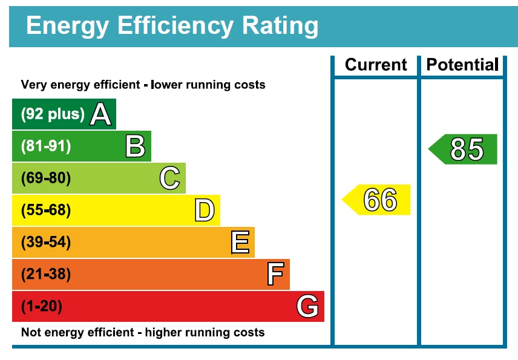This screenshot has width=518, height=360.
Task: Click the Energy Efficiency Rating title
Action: coord(172,27)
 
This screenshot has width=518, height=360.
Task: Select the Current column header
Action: coord(376,65)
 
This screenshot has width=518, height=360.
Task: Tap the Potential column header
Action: coord(462,65)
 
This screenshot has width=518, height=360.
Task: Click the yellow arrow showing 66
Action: coord(378,200)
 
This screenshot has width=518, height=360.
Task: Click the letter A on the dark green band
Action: coord(101,114)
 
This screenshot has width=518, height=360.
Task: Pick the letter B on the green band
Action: coord(136,146)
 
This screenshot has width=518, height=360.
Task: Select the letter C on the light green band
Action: coord(170,178)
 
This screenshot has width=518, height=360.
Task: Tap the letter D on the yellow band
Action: coord(205,211)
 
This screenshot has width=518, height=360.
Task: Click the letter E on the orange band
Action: coord(240,243)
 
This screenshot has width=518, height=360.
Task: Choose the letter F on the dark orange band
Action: coord(275,275)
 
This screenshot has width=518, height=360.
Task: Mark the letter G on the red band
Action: coord(307,307)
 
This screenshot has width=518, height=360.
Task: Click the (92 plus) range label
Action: coord(53,114)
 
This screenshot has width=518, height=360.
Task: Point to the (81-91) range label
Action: coord(46,146)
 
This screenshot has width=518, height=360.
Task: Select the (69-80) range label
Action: coord(46,178)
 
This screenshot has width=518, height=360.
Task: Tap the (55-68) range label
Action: coord(46,211)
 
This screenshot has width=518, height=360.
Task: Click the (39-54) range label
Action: coord(46,243)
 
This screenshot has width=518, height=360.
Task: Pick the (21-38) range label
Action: coord(46,275)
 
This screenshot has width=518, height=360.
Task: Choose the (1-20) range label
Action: coord(42,307)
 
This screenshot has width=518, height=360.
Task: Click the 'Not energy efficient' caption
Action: coord(143,332)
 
